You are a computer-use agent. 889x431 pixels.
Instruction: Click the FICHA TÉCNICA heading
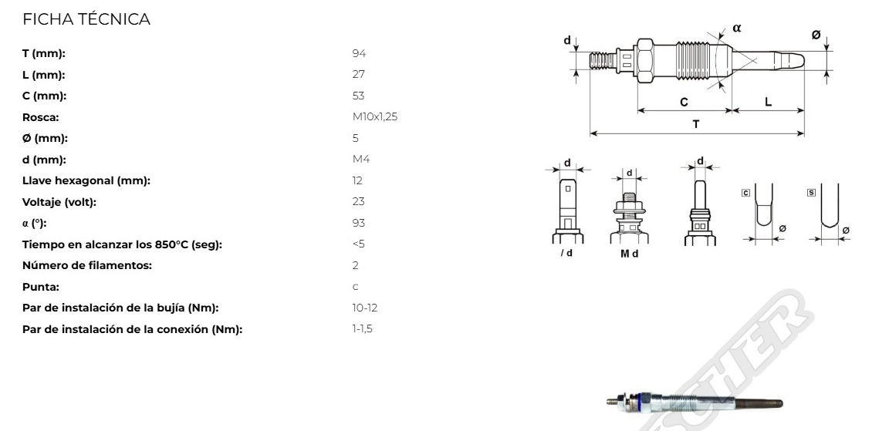pyautogui.click(x=86, y=19)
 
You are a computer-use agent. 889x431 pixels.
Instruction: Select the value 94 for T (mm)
pyautogui.click(x=359, y=53)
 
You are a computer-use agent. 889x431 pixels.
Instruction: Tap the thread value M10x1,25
pyautogui.click(x=375, y=116)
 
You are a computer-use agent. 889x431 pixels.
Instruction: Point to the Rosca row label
pyautogui.click(x=40, y=117)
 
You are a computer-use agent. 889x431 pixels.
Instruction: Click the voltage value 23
pyautogui.click(x=358, y=202)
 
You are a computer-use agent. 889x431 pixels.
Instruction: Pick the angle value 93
pyautogui.click(x=358, y=223)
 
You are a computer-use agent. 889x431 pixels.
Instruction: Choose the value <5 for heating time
pyautogui.click(x=358, y=244)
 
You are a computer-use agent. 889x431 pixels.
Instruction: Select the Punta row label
pyautogui.click(x=40, y=287)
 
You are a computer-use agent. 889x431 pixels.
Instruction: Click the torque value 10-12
pyautogui.click(x=364, y=308)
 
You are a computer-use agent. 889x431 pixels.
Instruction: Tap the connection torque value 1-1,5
pyautogui.click(x=362, y=329)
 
